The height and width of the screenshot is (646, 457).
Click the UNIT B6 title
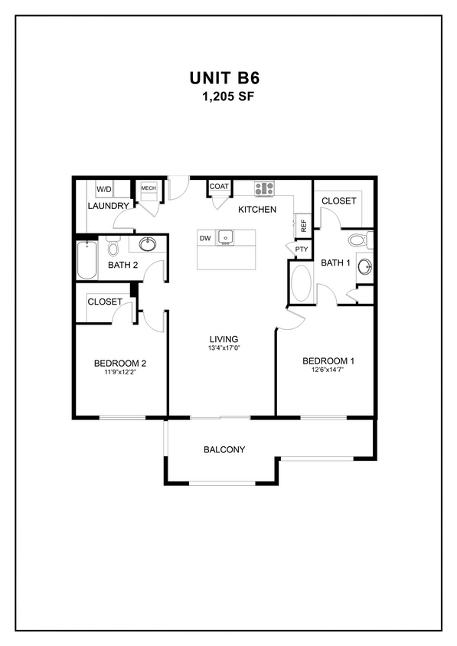227,78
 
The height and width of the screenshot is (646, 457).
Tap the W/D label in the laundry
103,189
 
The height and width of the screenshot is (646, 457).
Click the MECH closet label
148,188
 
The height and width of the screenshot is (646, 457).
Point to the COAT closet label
219,187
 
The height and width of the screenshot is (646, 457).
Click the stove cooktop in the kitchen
265,188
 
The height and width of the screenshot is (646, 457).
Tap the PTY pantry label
301,249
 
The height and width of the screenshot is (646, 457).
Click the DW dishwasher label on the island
205,239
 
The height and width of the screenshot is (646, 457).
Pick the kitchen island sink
225,238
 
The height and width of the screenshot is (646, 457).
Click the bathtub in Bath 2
86,260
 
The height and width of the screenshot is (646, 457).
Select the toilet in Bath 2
113,247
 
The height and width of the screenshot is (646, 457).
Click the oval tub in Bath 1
302,283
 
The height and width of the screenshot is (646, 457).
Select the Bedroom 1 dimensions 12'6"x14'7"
328,371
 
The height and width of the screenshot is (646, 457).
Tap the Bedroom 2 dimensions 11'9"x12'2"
119,374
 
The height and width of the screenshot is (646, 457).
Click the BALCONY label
224,449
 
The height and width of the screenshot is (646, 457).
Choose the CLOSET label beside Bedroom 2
104,302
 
